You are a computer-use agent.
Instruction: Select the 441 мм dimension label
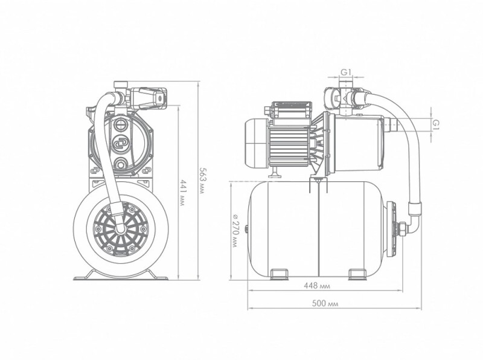182,193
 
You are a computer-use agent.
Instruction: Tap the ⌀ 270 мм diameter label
235,230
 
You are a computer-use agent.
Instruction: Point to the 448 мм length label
316,286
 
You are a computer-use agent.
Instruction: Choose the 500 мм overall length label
325,304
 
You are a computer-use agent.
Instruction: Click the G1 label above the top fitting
346,72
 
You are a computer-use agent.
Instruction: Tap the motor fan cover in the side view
256,144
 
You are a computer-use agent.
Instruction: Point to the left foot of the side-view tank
280,274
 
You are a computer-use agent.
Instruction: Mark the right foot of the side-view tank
357,274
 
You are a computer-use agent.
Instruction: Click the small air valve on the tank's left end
246,229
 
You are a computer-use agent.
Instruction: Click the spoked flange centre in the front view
120,230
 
